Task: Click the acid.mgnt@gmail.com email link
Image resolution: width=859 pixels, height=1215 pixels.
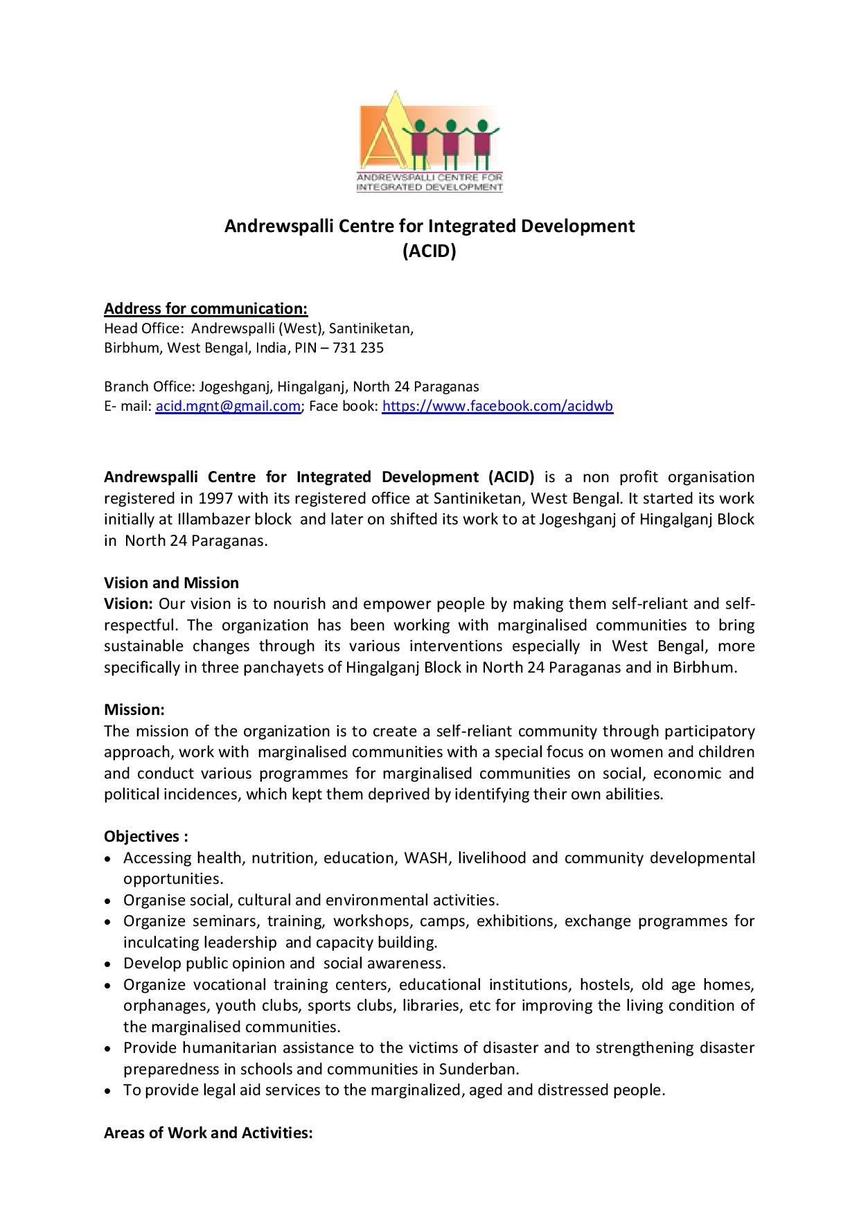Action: pyautogui.click(x=227, y=407)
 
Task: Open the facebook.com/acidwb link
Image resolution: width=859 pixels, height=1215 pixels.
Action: pyautogui.click(x=497, y=407)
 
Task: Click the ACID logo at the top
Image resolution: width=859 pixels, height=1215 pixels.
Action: pyautogui.click(x=429, y=141)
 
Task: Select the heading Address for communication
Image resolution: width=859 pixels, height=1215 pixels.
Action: pyautogui.click(x=206, y=308)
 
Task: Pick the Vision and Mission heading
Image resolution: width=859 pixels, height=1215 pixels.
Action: pyautogui.click(x=171, y=583)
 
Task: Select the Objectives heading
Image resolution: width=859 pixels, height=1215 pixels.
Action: pyautogui.click(x=145, y=836)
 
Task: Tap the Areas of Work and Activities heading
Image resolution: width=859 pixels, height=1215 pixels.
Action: pyautogui.click(x=209, y=1133)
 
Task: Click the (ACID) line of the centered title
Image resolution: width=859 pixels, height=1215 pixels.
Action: pyautogui.click(x=429, y=251)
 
